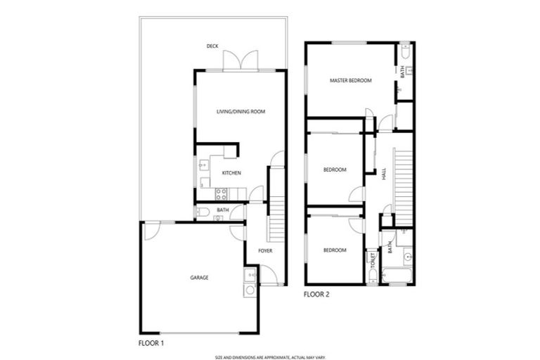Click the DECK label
pyautogui.click(x=212, y=46)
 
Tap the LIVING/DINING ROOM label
pyautogui.click(x=240, y=112)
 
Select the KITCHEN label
pyautogui.click(x=232, y=173)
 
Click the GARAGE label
pyautogui.click(x=199, y=277)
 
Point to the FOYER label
pyautogui.click(x=265, y=250)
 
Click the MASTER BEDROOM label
pyautogui.click(x=350, y=81)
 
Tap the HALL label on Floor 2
pyautogui.click(x=384, y=174)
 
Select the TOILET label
pyautogui.click(x=373, y=260)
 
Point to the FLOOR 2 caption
pyautogui.click(x=316, y=295)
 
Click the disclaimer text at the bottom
pyautogui.click(x=269, y=356)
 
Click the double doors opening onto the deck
pyautogui.click(x=240, y=60)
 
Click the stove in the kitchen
pyautogui.click(x=220, y=191)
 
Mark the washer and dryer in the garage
pyautogui.click(x=250, y=282)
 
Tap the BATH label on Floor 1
pyautogui.click(x=222, y=210)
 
